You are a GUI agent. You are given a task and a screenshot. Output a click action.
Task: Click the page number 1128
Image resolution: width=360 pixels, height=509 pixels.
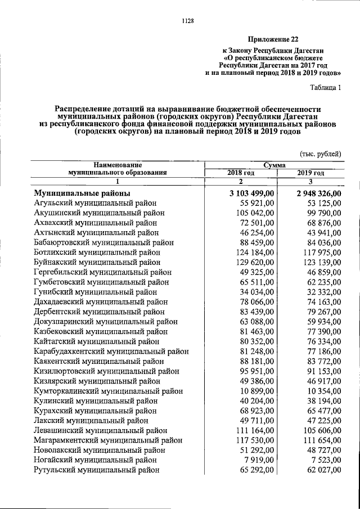(x=188, y=21)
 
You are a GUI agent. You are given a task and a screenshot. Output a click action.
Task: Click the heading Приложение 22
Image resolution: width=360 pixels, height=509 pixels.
(x=273, y=39)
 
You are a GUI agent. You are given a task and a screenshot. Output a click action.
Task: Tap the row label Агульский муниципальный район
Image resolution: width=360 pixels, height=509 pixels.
(x=94, y=202)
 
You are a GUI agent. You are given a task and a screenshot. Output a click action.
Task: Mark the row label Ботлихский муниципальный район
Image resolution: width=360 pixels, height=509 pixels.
(x=96, y=252)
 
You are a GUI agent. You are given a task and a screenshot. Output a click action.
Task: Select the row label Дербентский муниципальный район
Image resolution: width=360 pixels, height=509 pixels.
(x=98, y=312)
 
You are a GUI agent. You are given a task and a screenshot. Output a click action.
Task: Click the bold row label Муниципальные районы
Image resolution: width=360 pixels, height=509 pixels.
(x=82, y=193)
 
